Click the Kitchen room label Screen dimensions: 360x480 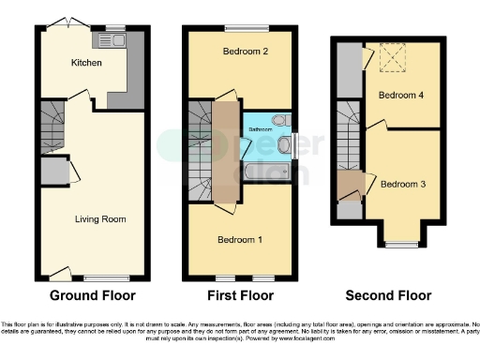pyautogui.click(x=86, y=63)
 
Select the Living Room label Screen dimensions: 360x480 pyautogui.click(x=100, y=218)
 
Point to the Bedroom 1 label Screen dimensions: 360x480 pyautogui.click(x=240, y=239)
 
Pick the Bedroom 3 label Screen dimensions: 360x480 pyautogui.click(x=402, y=184)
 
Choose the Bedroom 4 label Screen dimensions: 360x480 pyautogui.click(x=401, y=95)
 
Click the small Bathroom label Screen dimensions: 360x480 pyautogui.click(x=260, y=128)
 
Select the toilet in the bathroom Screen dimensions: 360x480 pyautogui.click(x=280, y=119)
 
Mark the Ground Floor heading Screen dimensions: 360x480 pyautogui.click(x=92, y=295)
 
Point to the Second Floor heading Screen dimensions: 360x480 pyautogui.click(x=388, y=295)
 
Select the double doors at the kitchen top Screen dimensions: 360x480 pyautogui.click(x=64, y=22)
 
